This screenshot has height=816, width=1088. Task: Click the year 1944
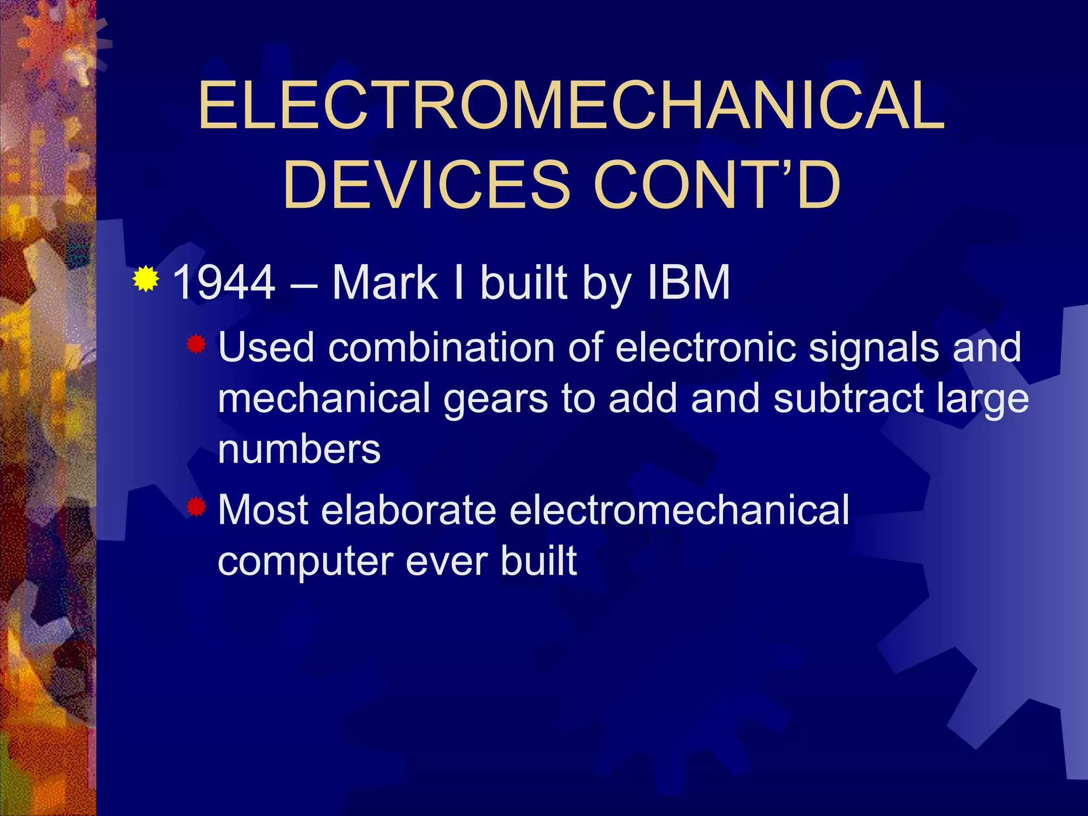(224, 283)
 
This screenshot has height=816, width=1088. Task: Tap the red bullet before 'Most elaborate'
(196, 507)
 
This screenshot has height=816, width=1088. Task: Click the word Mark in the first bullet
(384, 283)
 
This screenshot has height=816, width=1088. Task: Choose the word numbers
(299, 449)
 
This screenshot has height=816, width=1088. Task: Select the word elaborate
(409, 510)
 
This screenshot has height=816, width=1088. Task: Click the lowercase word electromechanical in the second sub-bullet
(679, 510)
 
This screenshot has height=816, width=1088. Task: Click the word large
(983, 399)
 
